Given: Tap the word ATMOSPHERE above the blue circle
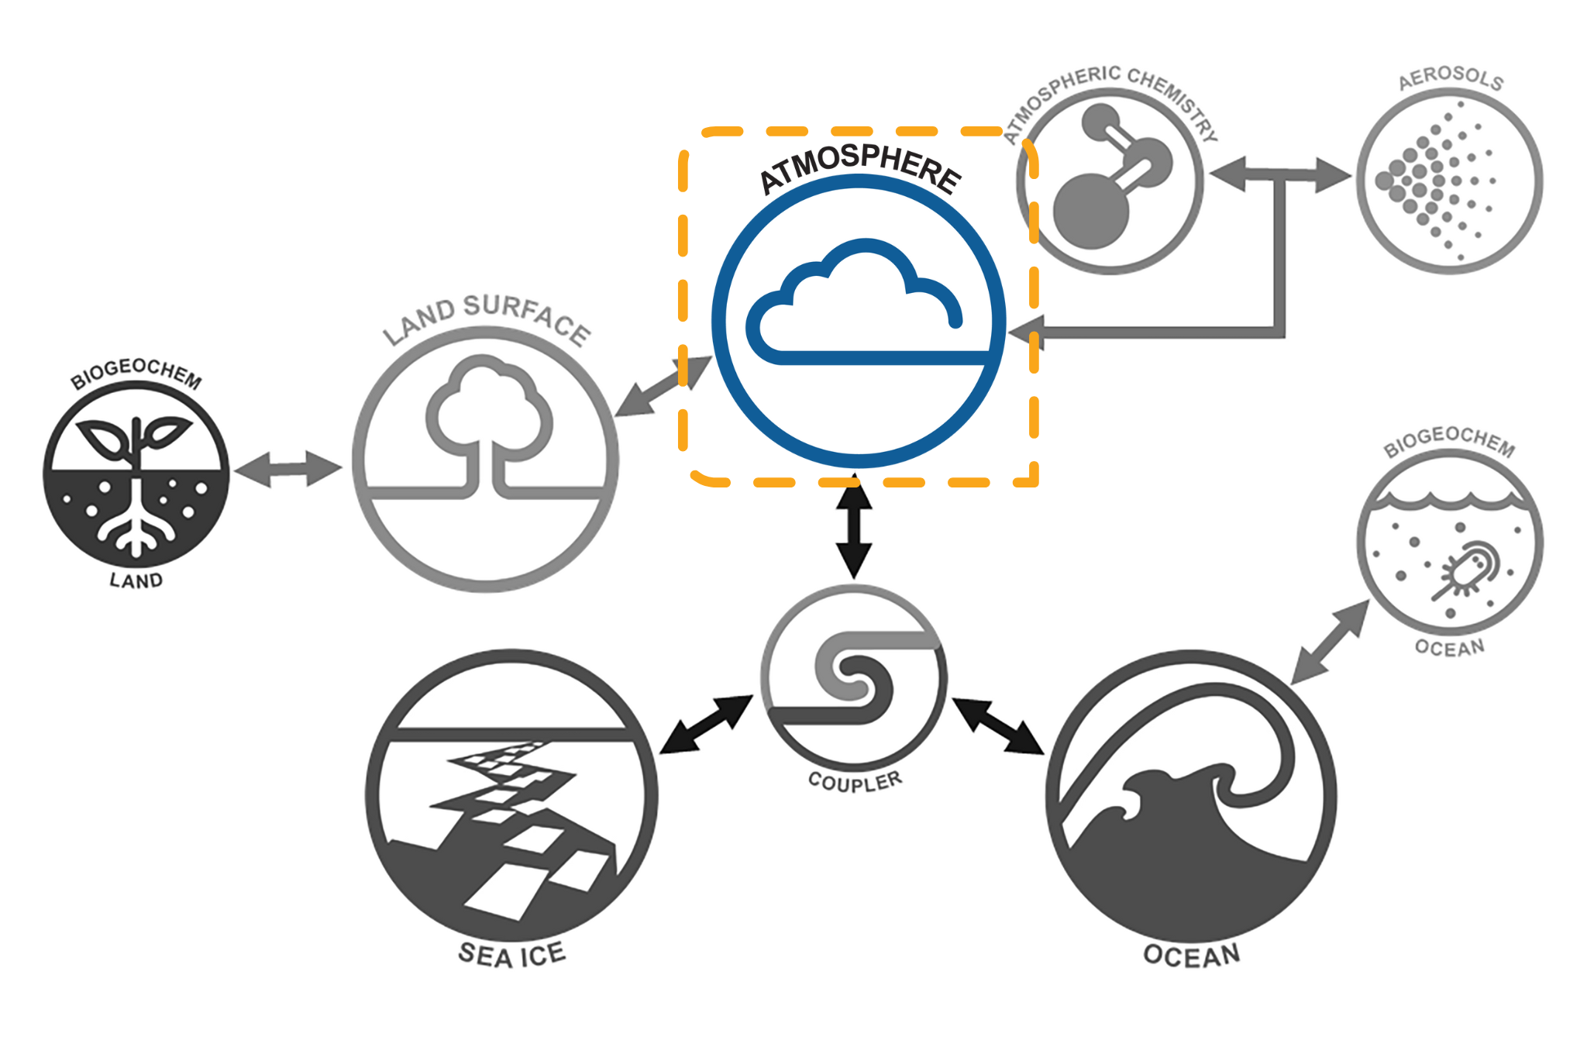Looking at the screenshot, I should (860, 167).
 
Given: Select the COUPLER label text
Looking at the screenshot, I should (855, 781).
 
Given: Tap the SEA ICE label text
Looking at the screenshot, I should (511, 955).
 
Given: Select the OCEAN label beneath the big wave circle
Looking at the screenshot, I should (1191, 955).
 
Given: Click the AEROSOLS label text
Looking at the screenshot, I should (1451, 77).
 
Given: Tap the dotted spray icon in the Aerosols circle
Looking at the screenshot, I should (1434, 182).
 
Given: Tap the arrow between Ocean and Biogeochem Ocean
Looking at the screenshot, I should (1330, 642).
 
